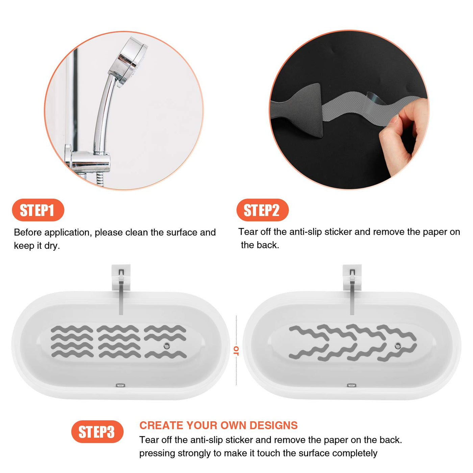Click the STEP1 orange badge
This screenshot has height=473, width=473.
pyautogui.click(x=38, y=210)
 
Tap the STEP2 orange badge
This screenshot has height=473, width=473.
pyautogui.click(x=263, y=210)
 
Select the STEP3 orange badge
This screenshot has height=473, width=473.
pyautogui.click(x=97, y=432)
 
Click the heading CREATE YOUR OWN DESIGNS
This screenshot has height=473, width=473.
pyautogui.click(x=219, y=425)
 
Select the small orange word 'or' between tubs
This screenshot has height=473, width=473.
pyautogui.click(x=236, y=350)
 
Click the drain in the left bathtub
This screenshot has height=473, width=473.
pyautogui.click(x=167, y=346)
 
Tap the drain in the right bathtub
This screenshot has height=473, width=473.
pyautogui.click(x=398, y=346)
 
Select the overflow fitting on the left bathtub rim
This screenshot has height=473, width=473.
pyautogui.click(x=120, y=385)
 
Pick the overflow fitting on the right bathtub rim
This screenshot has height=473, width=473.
pyautogui.click(x=352, y=385)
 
